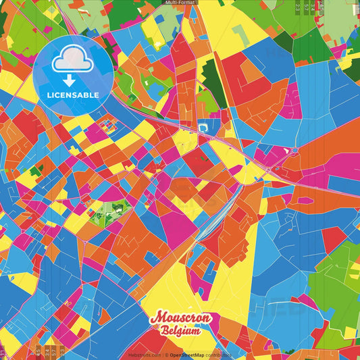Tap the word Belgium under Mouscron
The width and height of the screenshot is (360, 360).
click(x=180, y=331)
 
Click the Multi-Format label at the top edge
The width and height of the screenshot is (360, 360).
click(x=180, y=3)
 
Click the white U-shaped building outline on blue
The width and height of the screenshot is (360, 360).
click(x=205, y=126)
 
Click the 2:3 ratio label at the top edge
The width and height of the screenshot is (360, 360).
click(x=299, y=7)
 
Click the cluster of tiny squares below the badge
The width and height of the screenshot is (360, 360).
click(x=107, y=124)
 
